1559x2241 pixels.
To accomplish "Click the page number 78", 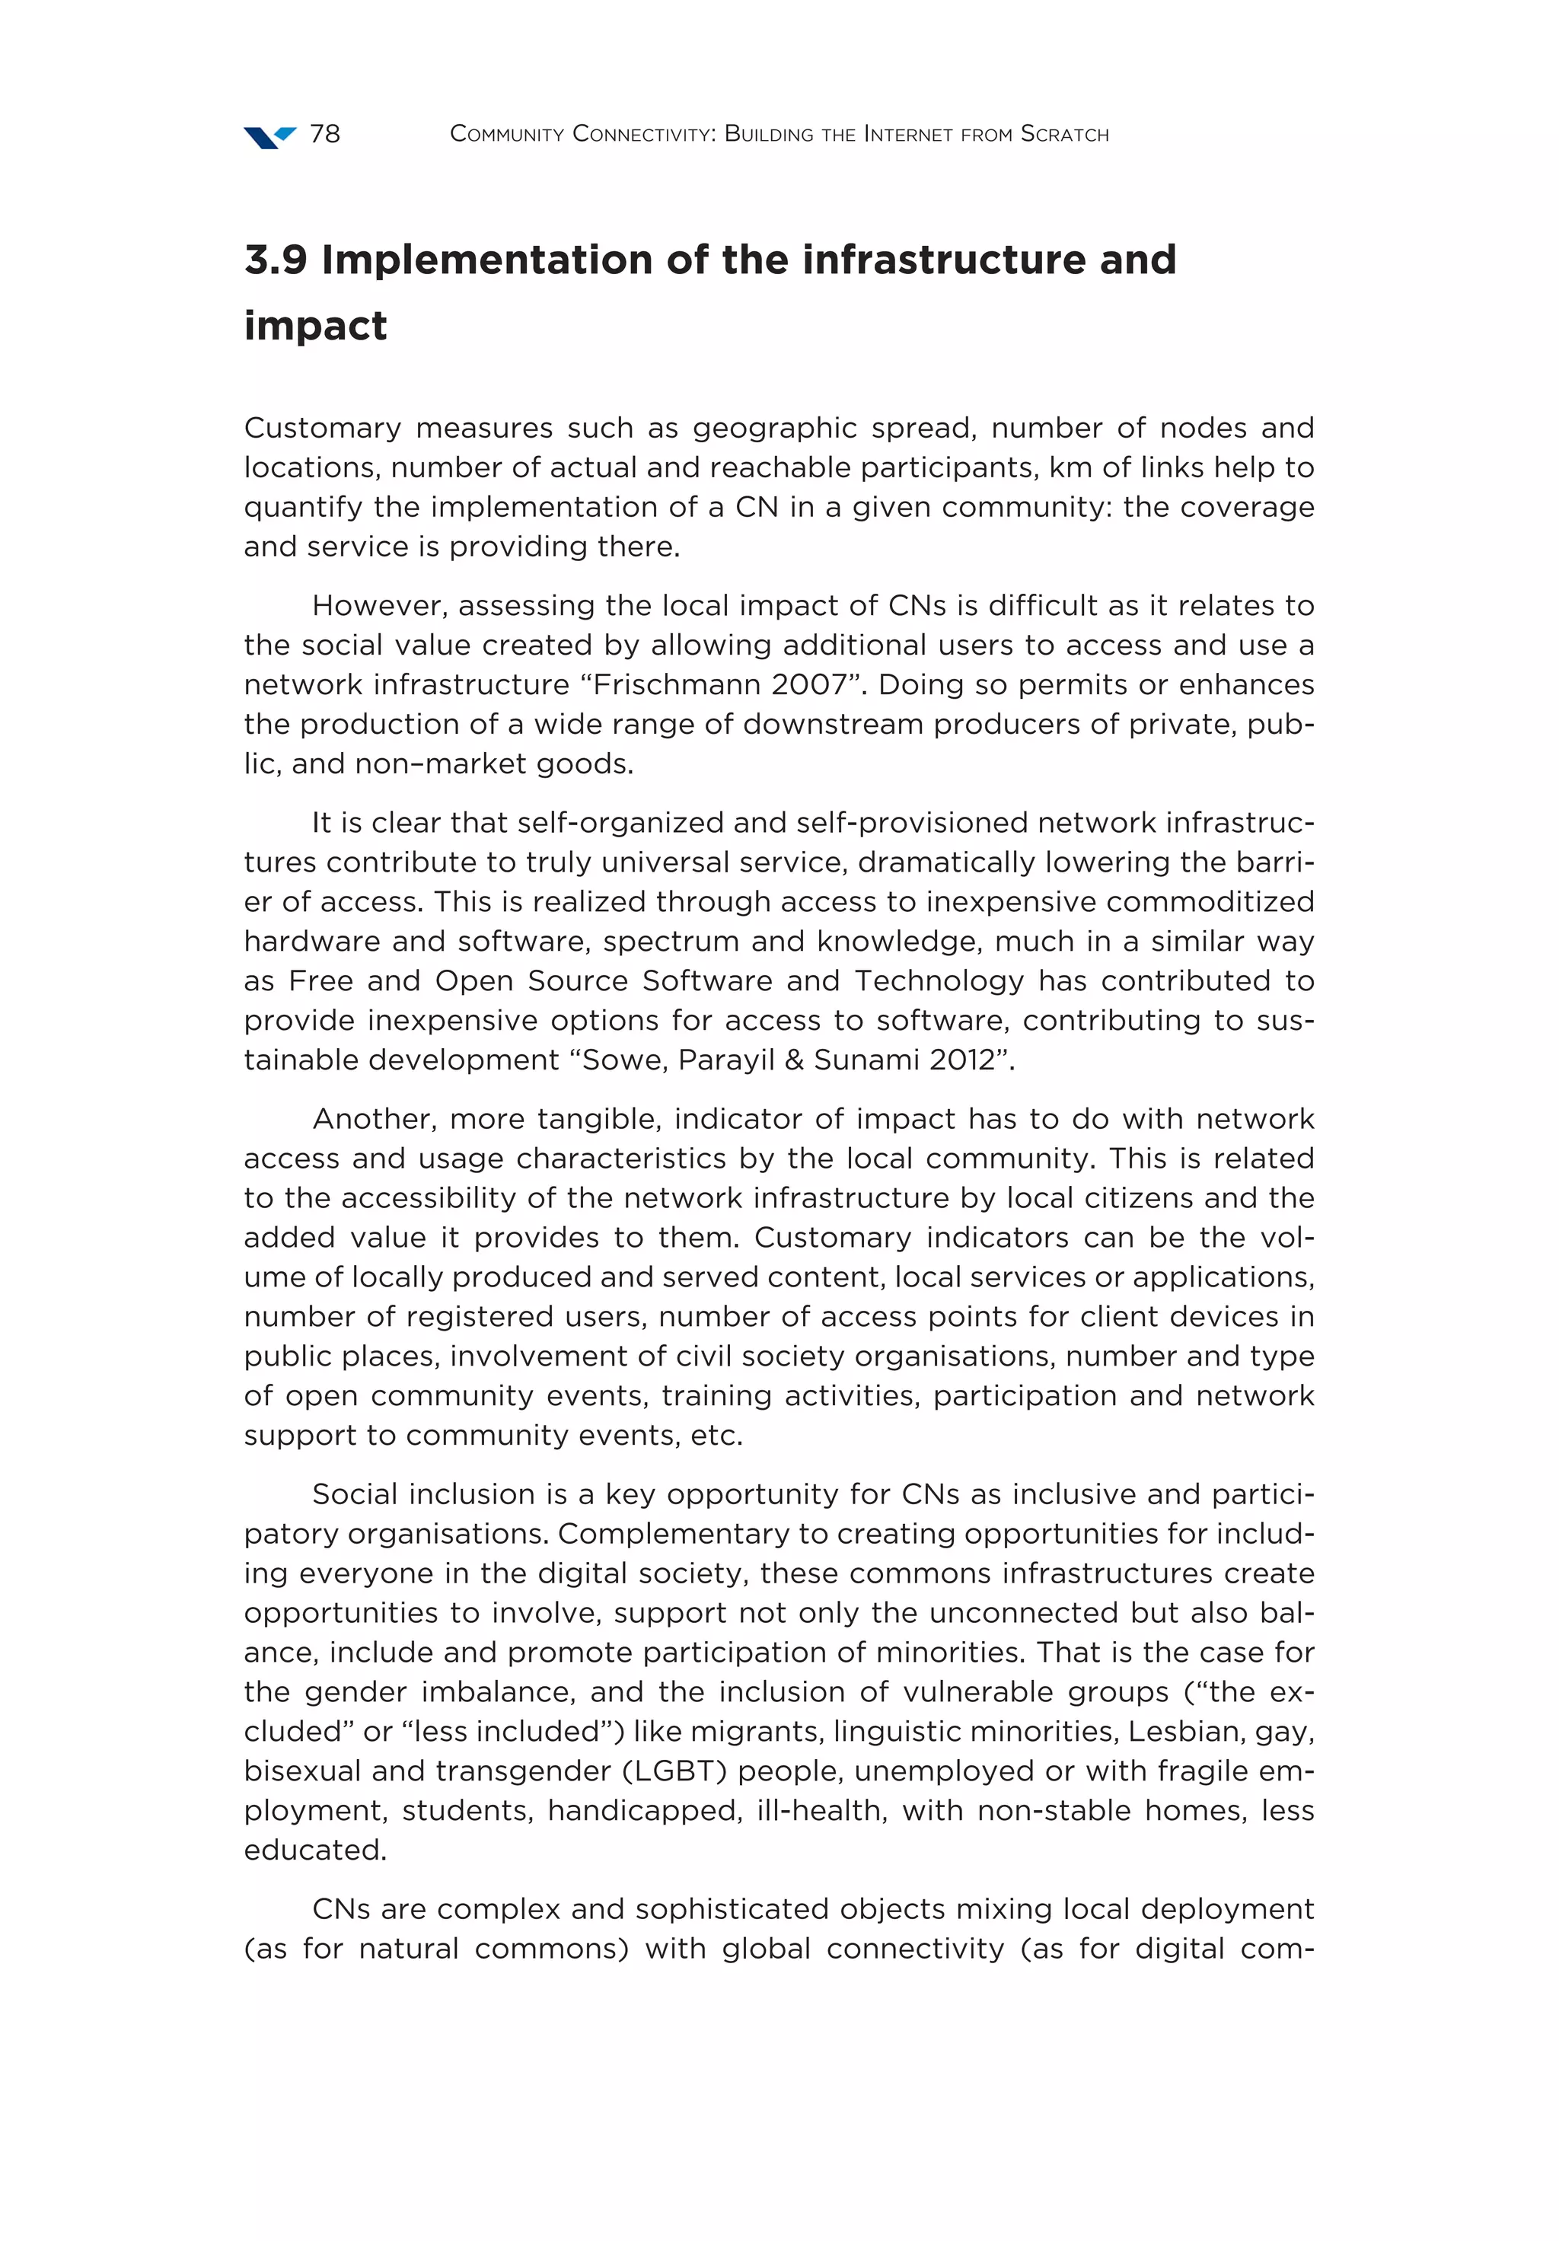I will tap(324, 134).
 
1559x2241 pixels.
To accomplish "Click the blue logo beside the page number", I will tap(269, 137).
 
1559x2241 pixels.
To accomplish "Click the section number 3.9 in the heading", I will tap(276, 260).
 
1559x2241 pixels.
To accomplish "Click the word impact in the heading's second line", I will tap(314, 325).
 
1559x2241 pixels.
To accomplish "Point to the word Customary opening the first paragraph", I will tap(322, 428).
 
